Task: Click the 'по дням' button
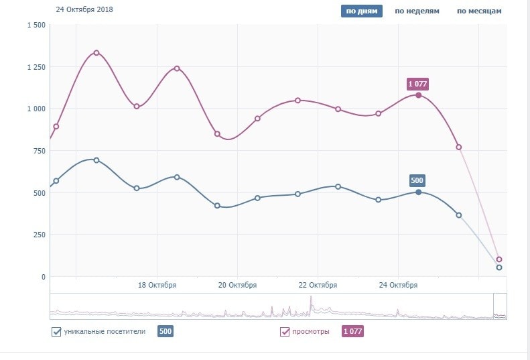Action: pos(361,11)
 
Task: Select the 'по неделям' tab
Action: pos(417,11)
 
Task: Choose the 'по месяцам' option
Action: pos(479,11)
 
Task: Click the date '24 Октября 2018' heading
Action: pos(84,10)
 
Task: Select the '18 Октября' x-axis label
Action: pos(157,285)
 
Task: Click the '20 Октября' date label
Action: pos(237,285)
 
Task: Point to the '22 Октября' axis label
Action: pos(318,285)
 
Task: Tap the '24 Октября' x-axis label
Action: pos(398,285)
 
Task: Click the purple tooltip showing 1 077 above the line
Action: pos(417,84)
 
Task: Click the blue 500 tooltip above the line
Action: pos(417,180)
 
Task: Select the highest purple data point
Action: pos(96,53)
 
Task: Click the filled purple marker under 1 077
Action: pos(419,95)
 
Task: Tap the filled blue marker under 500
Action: pos(419,192)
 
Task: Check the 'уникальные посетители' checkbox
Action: pos(56,331)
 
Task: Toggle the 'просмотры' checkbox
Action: pos(285,331)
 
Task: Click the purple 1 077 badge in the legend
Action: pos(352,331)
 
